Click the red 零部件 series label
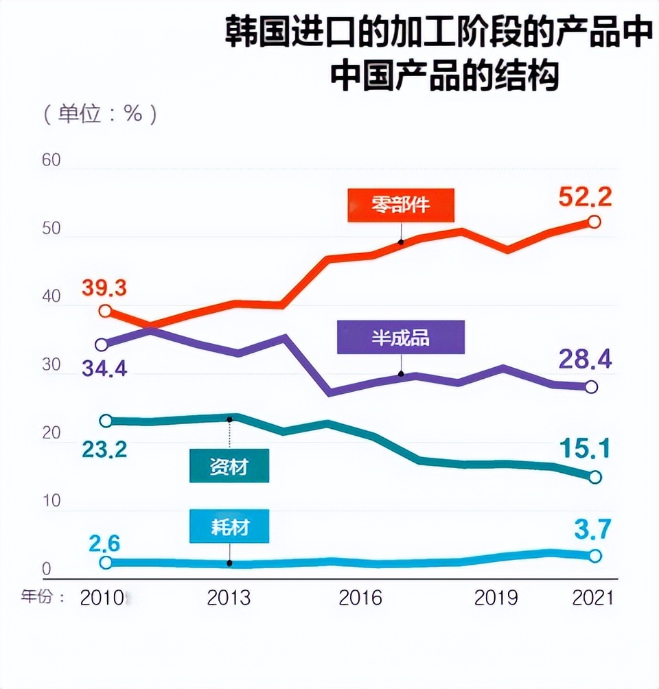point(400,205)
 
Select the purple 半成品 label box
point(401,338)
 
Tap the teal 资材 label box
point(229,467)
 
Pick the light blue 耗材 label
point(229,527)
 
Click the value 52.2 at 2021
point(584,198)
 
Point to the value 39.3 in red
point(105,288)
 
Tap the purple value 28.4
point(584,359)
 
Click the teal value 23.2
point(105,449)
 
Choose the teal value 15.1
point(583,449)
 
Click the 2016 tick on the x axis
point(360,598)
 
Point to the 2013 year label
point(229,598)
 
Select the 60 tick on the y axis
point(51,161)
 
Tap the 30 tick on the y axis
point(51,365)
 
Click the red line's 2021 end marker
point(594,222)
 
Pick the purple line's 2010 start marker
point(102,344)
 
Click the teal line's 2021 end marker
point(594,477)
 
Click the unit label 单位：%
point(101,113)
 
